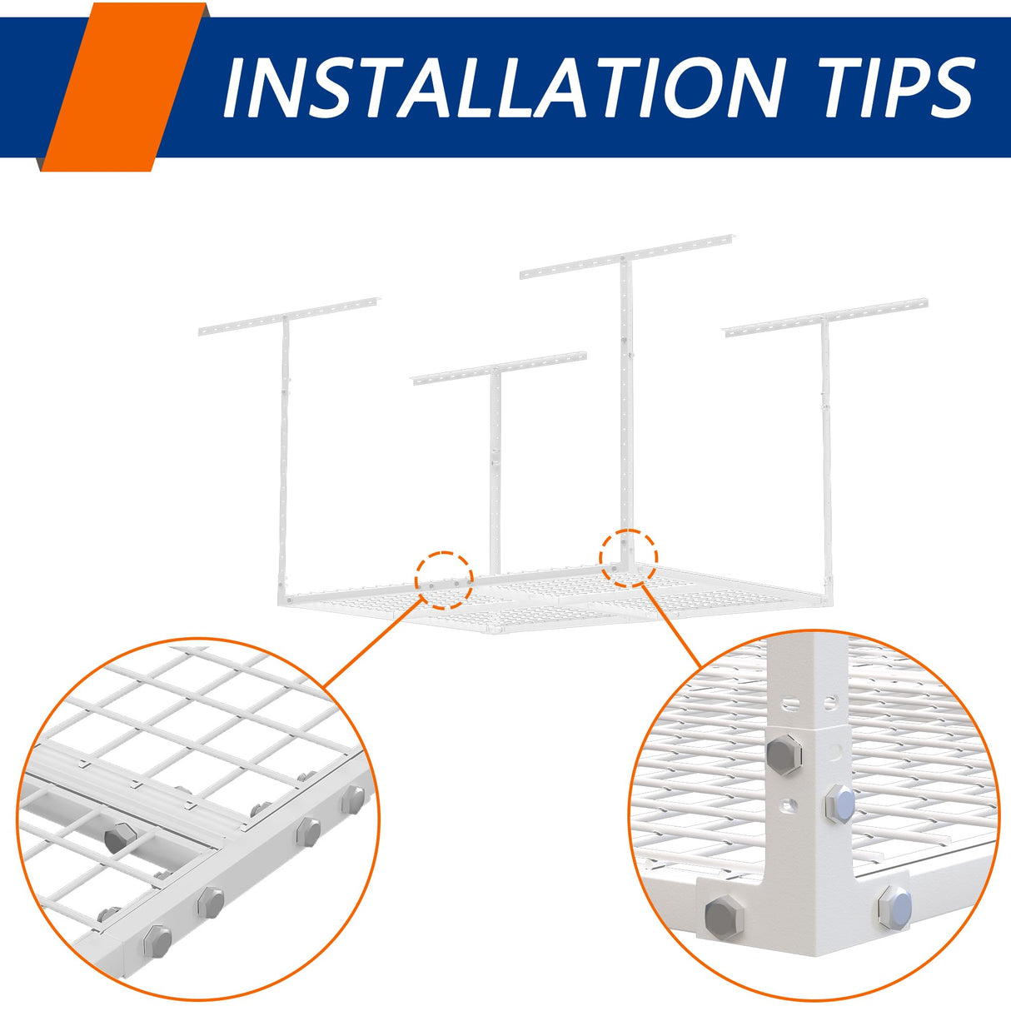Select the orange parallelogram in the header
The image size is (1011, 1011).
(x=124, y=87)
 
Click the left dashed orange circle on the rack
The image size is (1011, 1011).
(x=444, y=580)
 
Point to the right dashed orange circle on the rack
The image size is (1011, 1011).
(x=629, y=558)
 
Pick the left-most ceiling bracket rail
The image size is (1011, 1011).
(x=289, y=316)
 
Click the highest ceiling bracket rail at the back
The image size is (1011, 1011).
(x=627, y=256)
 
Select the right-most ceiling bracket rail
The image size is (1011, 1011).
(x=826, y=318)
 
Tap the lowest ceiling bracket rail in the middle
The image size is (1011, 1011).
(x=500, y=368)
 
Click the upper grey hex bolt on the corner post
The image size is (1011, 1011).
(x=784, y=755)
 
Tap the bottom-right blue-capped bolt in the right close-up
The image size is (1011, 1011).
(x=895, y=907)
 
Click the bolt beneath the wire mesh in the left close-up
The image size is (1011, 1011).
(x=120, y=839)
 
